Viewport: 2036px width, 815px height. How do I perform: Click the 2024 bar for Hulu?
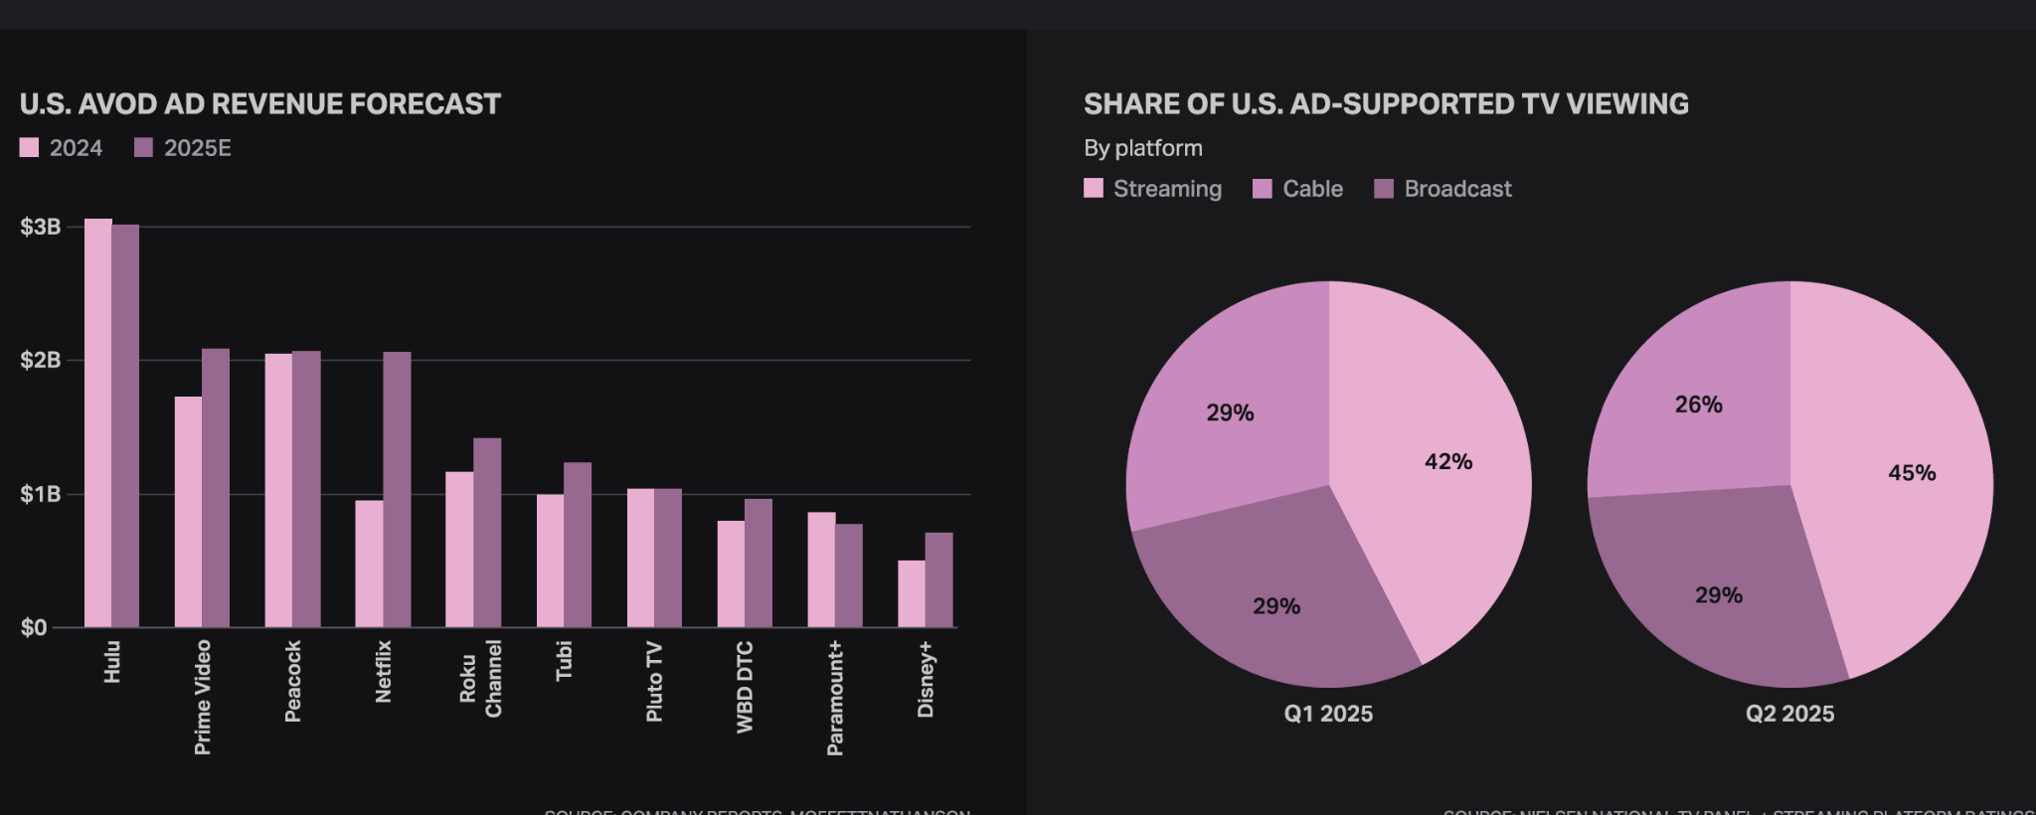tap(97, 422)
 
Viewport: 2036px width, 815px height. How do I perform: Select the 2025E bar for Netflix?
tap(397, 489)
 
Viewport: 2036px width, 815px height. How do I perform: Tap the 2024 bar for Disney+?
tap(911, 593)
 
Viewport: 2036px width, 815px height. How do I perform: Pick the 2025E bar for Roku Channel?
tap(487, 532)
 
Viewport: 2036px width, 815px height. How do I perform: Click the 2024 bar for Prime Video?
tap(188, 512)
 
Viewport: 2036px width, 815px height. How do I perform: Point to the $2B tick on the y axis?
tap(40, 360)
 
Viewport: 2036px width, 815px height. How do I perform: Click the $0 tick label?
tap(34, 627)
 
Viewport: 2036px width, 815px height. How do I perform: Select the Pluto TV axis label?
tap(654, 682)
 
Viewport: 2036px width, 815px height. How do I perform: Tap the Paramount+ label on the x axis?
tap(835, 698)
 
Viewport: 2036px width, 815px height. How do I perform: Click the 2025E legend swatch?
tap(144, 148)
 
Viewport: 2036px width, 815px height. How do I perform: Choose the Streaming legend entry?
tap(1152, 189)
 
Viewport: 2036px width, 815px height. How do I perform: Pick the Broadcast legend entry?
tap(1442, 189)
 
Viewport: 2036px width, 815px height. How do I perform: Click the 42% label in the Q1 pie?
tap(1448, 461)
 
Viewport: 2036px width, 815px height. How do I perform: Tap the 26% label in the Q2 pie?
tap(1698, 405)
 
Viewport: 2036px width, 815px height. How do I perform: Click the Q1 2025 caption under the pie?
tap(1328, 714)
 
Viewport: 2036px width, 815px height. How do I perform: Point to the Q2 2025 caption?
tap(1789, 714)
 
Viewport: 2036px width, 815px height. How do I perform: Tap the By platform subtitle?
tap(1143, 148)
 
